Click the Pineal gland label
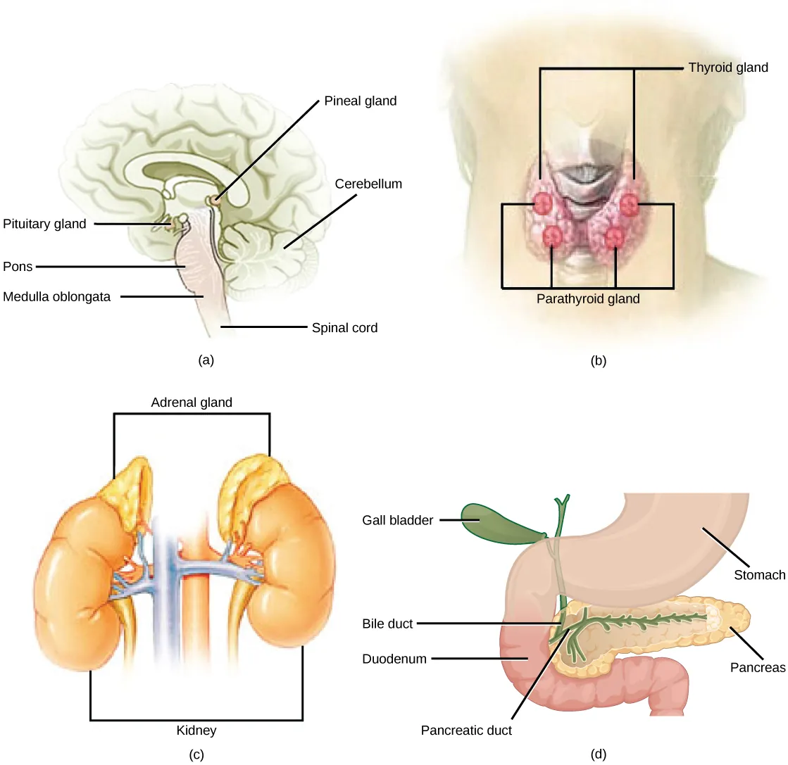(x=360, y=101)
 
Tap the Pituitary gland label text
(x=44, y=225)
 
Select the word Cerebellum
(x=368, y=184)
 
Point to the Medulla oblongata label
(x=56, y=297)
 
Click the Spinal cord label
(x=344, y=328)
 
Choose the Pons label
(x=18, y=267)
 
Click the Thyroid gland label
(x=727, y=68)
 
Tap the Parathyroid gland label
(x=588, y=299)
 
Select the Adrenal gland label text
(x=192, y=403)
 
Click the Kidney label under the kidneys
(x=196, y=731)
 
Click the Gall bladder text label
(x=398, y=521)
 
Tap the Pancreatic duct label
(x=466, y=731)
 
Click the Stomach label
(x=759, y=576)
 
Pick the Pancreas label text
(x=757, y=668)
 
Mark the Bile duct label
(x=387, y=624)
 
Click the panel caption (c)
(x=196, y=755)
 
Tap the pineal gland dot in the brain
(x=214, y=202)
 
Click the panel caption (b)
(x=598, y=361)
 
